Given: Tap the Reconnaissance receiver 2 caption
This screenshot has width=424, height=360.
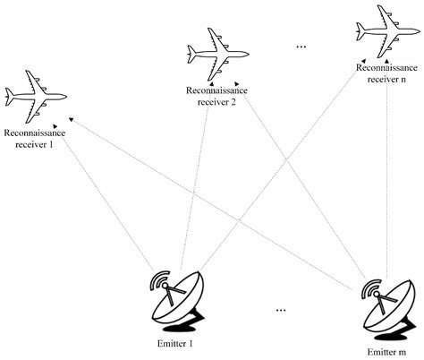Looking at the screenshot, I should coord(211,96).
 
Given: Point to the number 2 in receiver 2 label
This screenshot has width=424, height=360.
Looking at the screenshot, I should coord(234,101).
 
